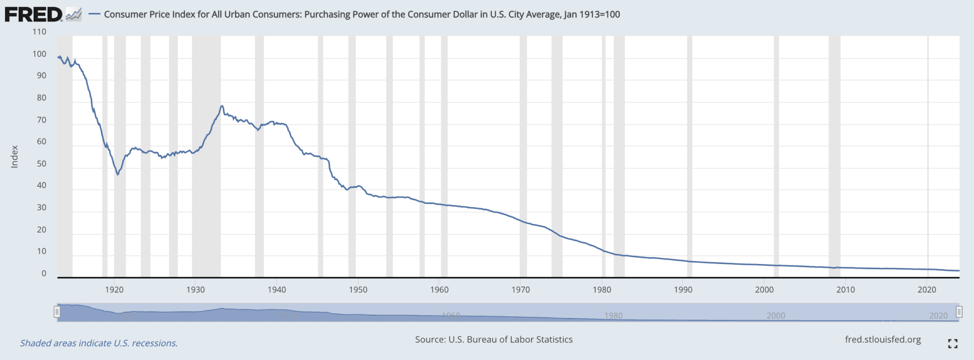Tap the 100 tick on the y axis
tap(39, 54)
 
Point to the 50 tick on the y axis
tap(42, 164)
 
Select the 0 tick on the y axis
tap(44, 273)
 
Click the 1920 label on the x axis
tap(114, 290)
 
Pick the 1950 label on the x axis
tap(358, 290)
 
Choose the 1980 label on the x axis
tap(602, 290)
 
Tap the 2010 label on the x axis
tap(846, 290)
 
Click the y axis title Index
tap(15, 156)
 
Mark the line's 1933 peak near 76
tap(222, 106)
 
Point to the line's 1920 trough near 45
tap(117, 175)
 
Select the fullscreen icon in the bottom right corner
tap(953, 343)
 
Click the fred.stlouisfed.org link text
tap(883, 340)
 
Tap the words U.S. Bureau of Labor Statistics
tap(510, 340)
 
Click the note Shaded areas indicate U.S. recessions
tap(99, 343)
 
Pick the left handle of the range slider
tap(57, 312)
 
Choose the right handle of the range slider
tap(959, 312)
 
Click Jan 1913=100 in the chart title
tap(592, 14)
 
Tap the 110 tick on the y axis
tap(39, 32)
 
